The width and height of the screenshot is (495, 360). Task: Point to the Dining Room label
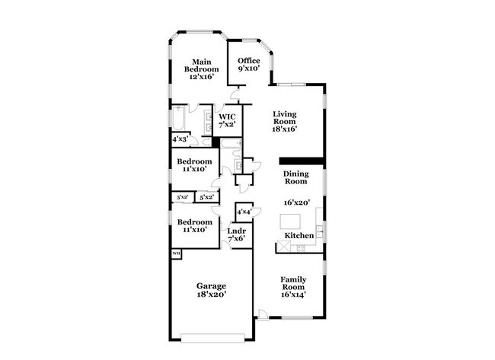tap(295, 177)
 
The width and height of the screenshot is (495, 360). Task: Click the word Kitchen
tap(299, 236)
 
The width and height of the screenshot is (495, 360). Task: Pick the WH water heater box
tap(176, 253)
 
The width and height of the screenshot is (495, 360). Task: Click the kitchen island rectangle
tap(291, 222)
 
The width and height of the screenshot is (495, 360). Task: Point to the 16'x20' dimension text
tap(295, 203)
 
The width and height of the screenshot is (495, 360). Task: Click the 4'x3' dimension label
tap(180, 140)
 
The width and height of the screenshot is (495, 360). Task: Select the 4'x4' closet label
tap(244, 212)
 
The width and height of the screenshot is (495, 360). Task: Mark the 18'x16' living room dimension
tap(284, 129)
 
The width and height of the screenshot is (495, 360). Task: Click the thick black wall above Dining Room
tap(302, 161)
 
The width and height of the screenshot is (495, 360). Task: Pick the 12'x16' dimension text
tap(201, 76)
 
